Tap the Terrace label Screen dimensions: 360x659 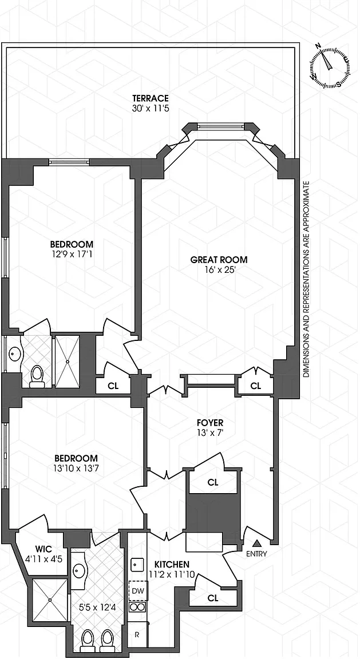151,98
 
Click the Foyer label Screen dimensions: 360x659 210,422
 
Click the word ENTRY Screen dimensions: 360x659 256,554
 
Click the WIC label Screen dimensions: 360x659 43,549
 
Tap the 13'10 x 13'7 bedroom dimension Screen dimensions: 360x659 76,468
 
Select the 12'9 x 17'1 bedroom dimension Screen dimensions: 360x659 72,254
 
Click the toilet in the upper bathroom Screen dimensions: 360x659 37,375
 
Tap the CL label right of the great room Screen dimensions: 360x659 255,386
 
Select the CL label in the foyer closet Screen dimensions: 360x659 213,482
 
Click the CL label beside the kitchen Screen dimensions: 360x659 213,598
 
